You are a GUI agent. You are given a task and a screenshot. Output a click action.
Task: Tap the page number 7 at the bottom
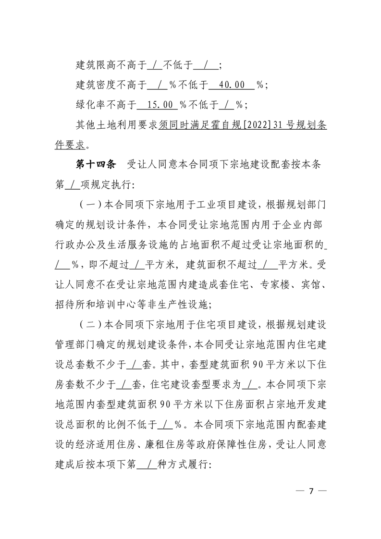311,491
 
